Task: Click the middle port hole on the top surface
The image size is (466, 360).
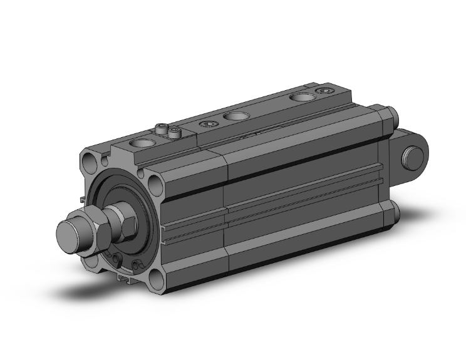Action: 236,116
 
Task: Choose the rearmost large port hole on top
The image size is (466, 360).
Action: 303,98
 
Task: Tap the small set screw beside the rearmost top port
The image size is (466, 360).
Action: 324,91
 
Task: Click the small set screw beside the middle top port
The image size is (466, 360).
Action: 207,125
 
